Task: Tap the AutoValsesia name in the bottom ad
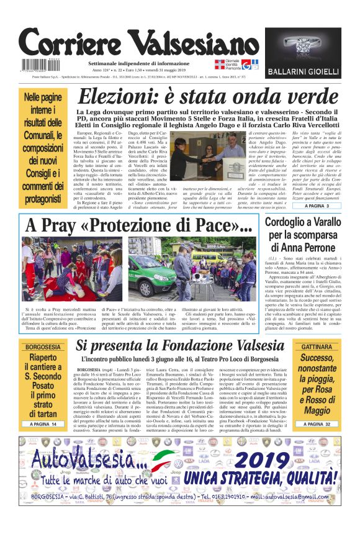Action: tap(91, 460)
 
